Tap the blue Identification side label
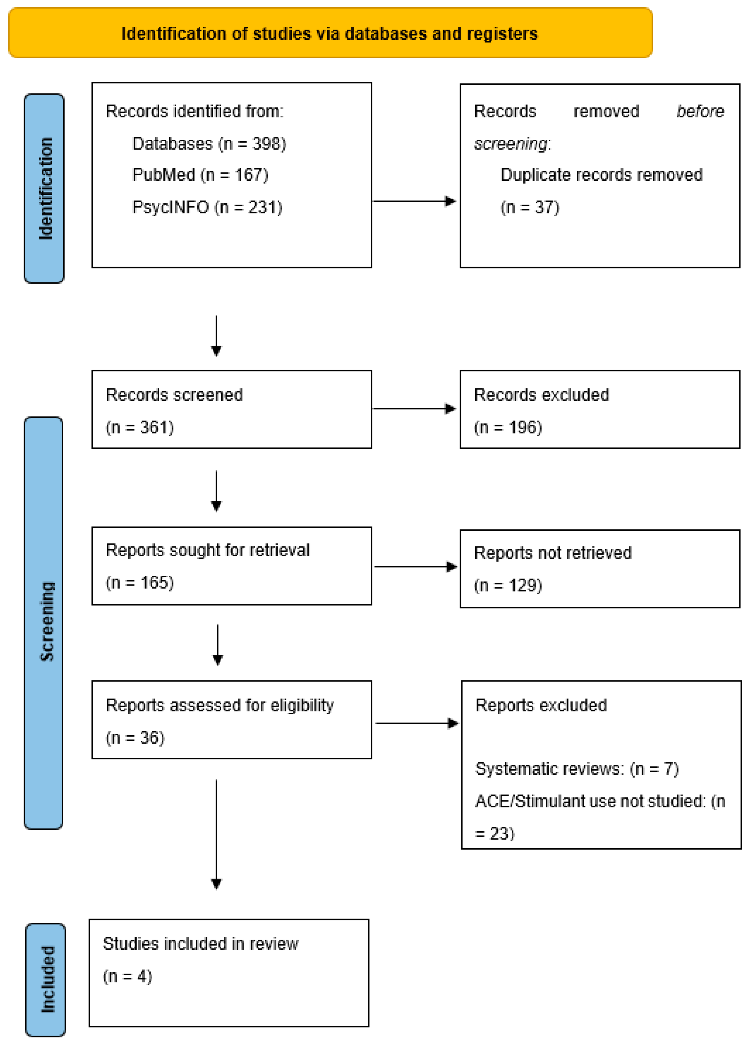(x=44, y=188)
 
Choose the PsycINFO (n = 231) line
(x=207, y=207)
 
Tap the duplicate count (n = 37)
(x=530, y=207)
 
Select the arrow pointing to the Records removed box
(x=414, y=201)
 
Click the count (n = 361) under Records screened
(x=140, y=427)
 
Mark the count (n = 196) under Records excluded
(x=508, y=427)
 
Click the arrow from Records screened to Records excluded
(x=414, y=409)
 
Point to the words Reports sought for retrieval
(x=207, y=550)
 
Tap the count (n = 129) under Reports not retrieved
(x=508, y=586)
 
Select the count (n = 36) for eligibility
(x=135, y=738)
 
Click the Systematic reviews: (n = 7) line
(x=576, y=769)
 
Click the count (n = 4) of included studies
(x=127, y=976)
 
